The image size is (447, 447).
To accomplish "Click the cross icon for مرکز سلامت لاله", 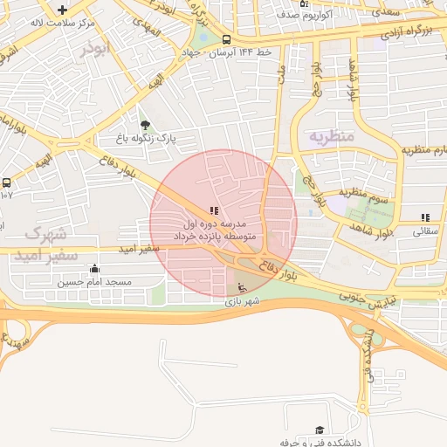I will click(x=62, y=10).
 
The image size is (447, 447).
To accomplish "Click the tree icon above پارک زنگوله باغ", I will click(x=145, y=125).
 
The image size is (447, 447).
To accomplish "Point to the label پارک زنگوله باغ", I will click(x=148, y=138).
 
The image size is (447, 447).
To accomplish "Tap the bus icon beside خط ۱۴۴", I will click(x=227, y=39).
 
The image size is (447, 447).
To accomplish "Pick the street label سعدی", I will click(x=382, y=12).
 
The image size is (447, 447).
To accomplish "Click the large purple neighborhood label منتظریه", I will click(x=331, y=137).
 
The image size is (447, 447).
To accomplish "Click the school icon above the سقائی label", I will click(x=425, y=217).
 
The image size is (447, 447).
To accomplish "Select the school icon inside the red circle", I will click(x=214, y=210).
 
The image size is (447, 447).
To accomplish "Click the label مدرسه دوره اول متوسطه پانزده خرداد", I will click(x=213, y=230).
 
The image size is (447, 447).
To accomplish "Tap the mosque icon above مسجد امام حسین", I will click(x=94, y=269).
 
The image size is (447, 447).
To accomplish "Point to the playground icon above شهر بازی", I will click(x=242, y=289).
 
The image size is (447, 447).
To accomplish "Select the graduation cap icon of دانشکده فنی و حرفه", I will click(x=320, y=430).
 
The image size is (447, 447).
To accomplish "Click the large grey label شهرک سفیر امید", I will click(x=52, y=244).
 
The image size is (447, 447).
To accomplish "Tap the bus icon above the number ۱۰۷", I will click(x=7, y=182).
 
